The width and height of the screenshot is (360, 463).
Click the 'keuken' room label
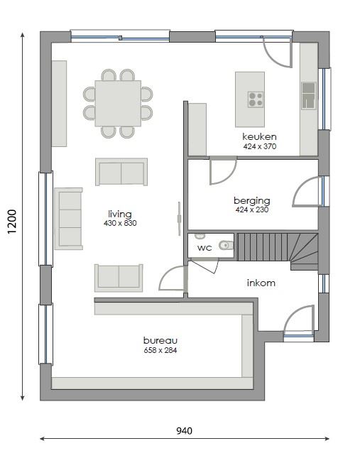(x=259, y=136)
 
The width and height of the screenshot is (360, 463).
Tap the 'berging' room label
(x=252, y=200)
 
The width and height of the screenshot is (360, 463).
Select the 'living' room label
(x=120, y=214)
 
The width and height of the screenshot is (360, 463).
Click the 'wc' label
(x=204, y=248)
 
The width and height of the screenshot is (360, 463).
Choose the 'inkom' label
(x=261, y=283)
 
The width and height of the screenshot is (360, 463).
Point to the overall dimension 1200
(x=12, y=221)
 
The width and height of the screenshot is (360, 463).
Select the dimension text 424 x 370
(x=259, y=146)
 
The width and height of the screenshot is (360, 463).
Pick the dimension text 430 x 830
(x=120, y=223)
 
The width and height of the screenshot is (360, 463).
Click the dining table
(x=118, y=103)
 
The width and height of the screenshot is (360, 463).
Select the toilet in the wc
(x=225, y=246)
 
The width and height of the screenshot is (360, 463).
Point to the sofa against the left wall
(x=68, y=218)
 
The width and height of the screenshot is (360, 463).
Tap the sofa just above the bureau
(x=118, y=276)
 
